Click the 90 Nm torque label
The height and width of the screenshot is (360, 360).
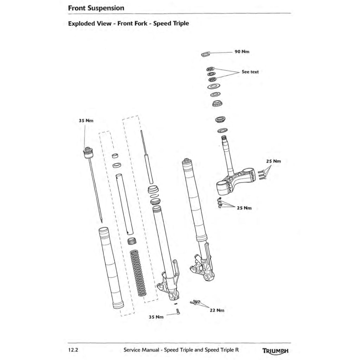click(x=242, y=52)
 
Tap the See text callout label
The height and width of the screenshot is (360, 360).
click(x=250, y=72)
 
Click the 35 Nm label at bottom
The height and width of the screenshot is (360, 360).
click(x=156, y=317)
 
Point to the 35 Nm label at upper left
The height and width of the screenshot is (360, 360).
click(x=86, y=120)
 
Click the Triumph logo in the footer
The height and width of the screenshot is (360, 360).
click(x=275, y=351)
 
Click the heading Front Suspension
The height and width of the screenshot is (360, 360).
click(x=96, y=7)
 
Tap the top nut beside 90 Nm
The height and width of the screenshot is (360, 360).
click(x=205, y=54)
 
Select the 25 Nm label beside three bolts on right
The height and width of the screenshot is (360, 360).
click(x=273, y=161)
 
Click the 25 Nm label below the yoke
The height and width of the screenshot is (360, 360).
click(x=244, y=208)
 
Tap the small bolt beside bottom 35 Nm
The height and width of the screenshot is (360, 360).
click(x=178, y=311)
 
